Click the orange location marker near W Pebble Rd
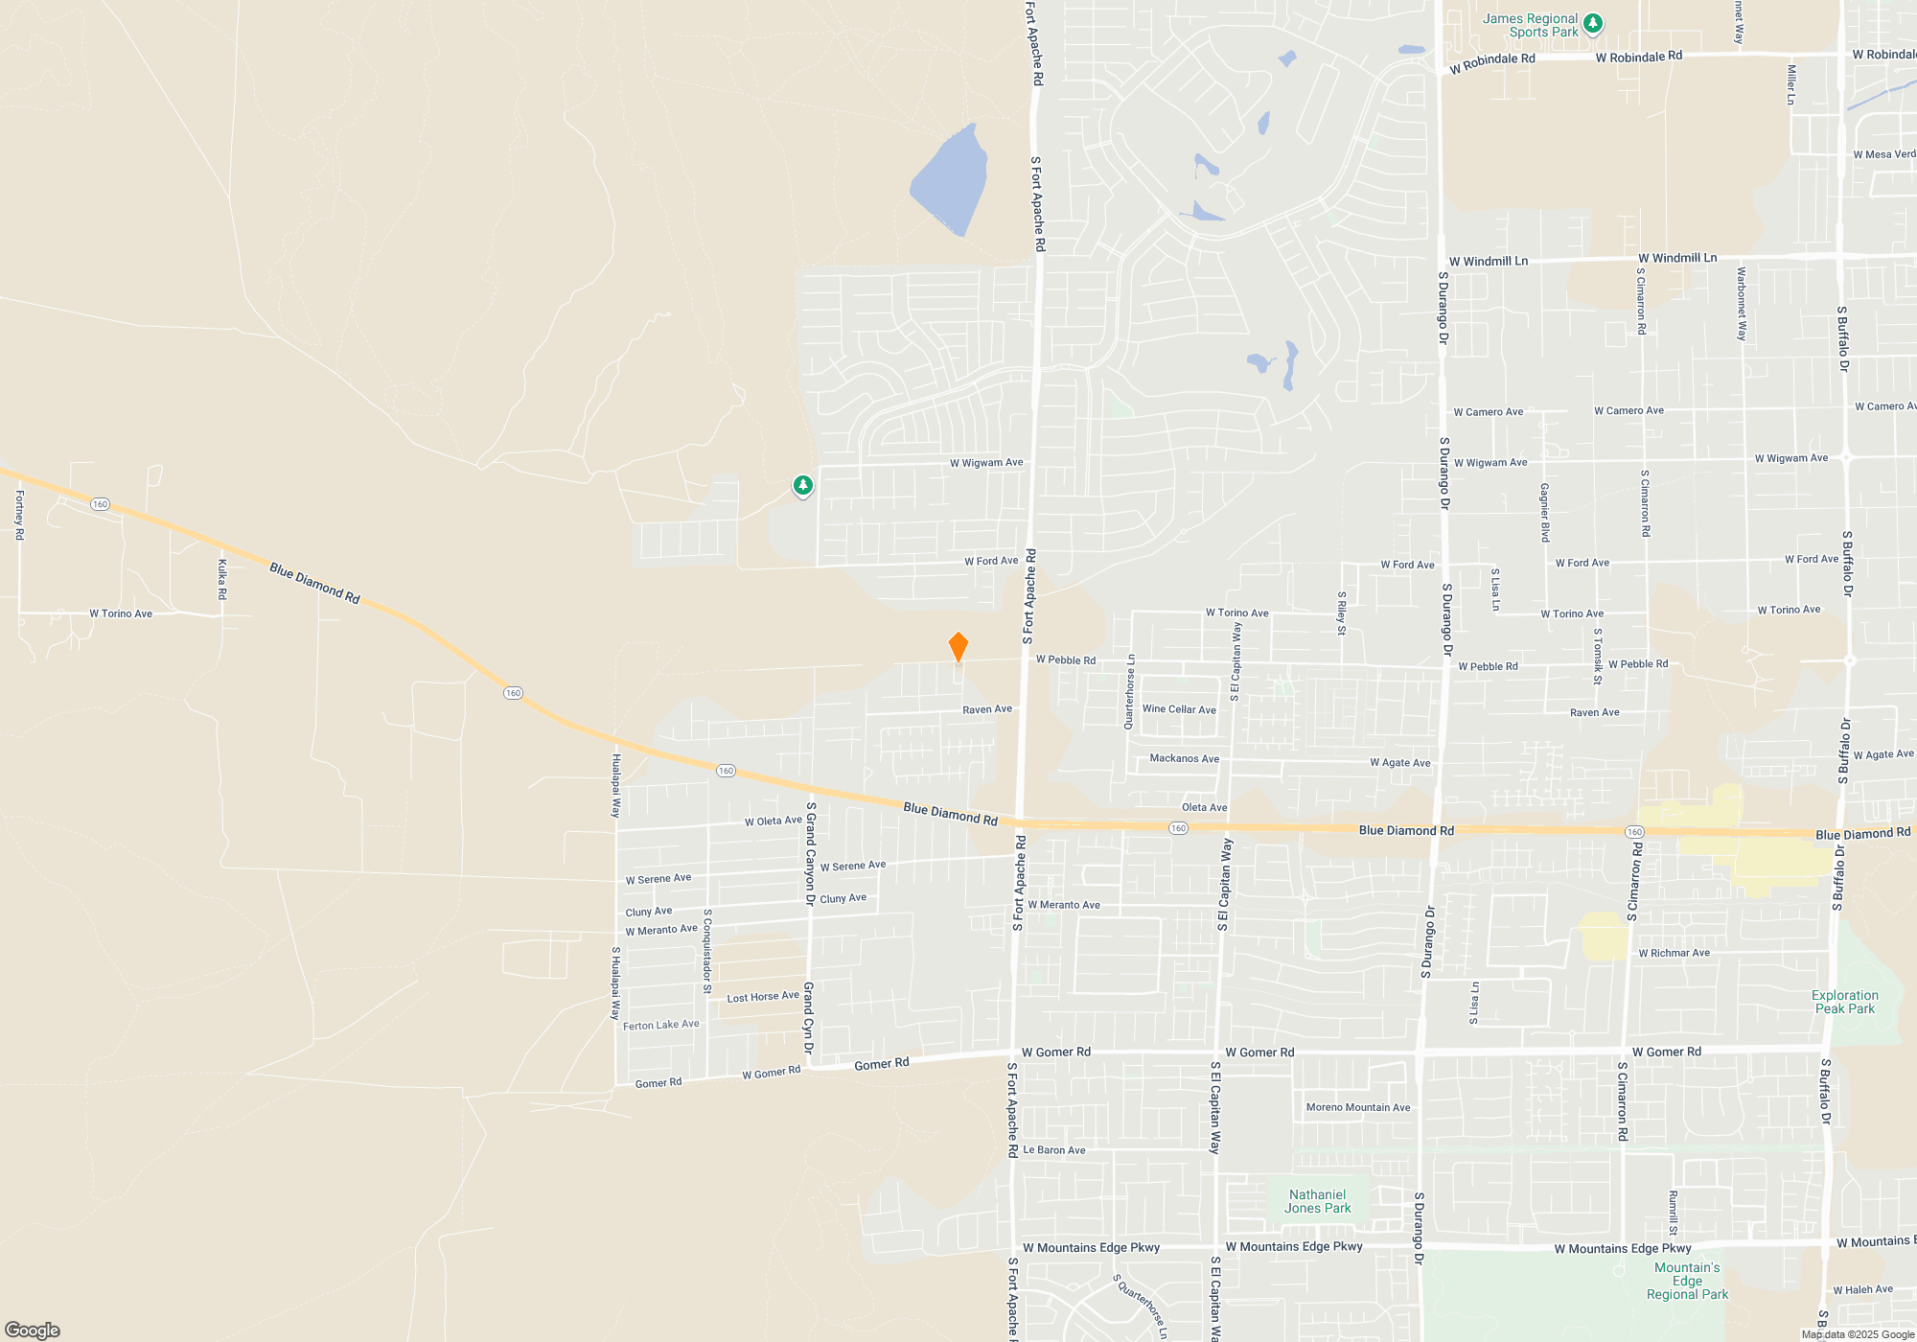click(x=958, y=647)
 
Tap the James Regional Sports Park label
click(x=1530, y=26)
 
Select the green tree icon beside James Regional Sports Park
click(x=1593, y=23)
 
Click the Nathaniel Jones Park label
click(x=1317, y=1201)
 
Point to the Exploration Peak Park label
click(x=1844, y=1002)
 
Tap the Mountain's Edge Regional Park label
click(x=1687, y=1281)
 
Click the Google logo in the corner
click(x=33, y=1330)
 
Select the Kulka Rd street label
click(x=222, y=580)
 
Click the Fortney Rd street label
click(x=19, y=516)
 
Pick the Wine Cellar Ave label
click(x=1179, y=709)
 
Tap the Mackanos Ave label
click(x=1184, y=758)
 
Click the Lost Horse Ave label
click(x=763, y=997)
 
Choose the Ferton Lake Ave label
click(x=661, y=1025)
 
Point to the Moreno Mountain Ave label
click(x=1358, y=1107)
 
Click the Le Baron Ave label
click(x=1054, y=1150)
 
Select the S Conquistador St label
click(x=707, y=951)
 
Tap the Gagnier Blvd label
click(x=1544, y=513)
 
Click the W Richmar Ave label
click(x=1674, y=953)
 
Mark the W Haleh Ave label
click(x=1862, y=1289)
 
